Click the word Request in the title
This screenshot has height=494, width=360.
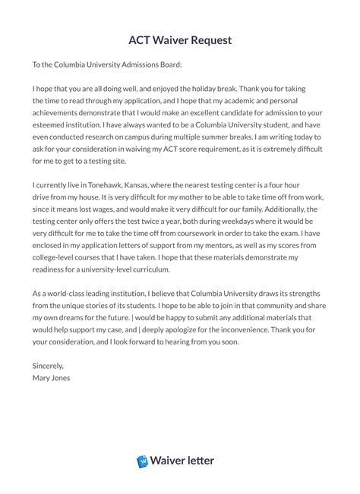point(206,39)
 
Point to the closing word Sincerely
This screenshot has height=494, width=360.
point(49,366)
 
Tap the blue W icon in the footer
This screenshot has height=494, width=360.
point(143,461)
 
